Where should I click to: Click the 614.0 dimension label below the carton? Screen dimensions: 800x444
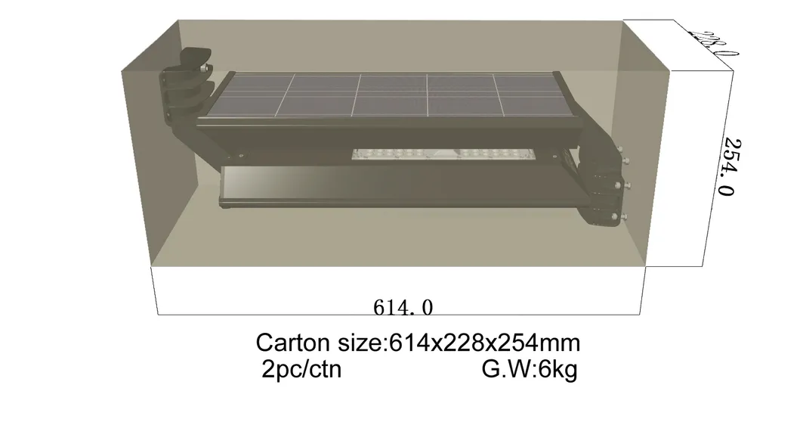[403, 308]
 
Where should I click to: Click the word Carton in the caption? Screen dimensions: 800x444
[292, 343]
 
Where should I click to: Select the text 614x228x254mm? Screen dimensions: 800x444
[484, 343]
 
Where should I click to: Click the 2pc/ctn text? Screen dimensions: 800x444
[301, 369]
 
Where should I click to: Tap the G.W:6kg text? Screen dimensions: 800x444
[529, 369]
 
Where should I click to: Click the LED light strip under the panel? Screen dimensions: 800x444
[444, 156]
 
